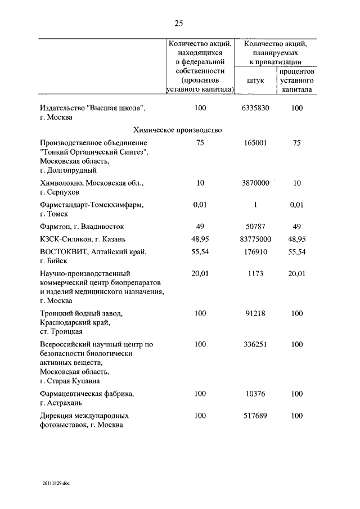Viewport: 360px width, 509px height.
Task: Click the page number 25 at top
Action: click(x=179, y=23)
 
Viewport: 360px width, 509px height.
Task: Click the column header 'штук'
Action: click(x=255, y=80)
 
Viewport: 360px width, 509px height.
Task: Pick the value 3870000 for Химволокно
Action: click(x=255, y=183)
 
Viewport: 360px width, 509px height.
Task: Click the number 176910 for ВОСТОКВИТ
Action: click(x=255, y=253)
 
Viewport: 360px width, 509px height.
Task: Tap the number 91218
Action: click(x=255, y=313)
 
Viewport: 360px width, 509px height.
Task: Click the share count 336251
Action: click(x=255, y=344)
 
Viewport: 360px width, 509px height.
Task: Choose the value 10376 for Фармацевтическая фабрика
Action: click(x=255, y=394)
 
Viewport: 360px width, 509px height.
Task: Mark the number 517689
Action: click(x=255, y=416)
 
